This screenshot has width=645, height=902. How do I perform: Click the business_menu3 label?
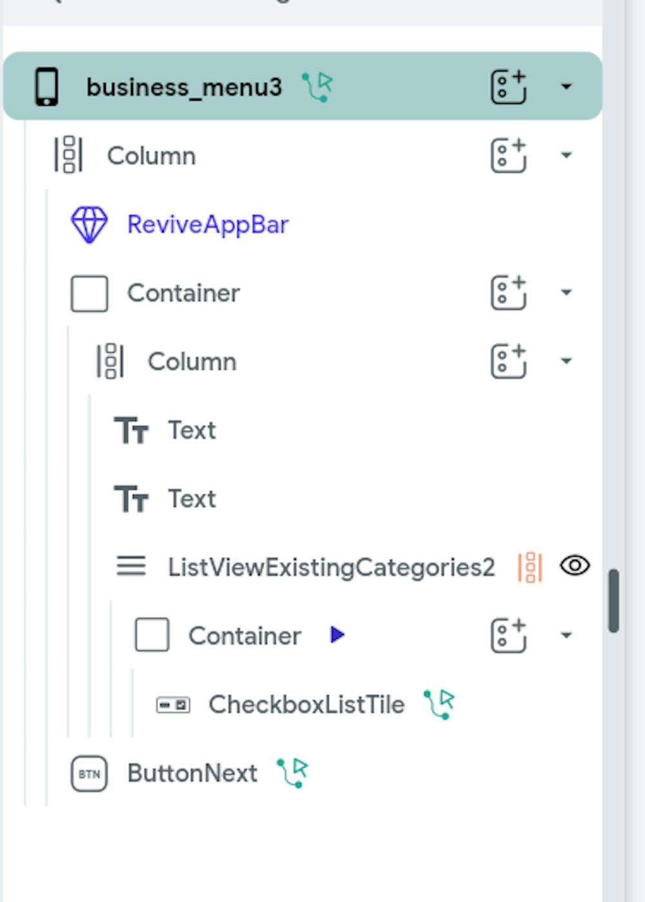pyautogui.click(x=184, y=86)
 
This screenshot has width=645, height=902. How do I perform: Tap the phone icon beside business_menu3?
pyautogui.click(x=46, y=86)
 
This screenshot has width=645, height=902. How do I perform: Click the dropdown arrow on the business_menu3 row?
pyautogui.click(x=566, y=86)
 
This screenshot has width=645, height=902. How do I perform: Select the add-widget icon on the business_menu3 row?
pyautogui.click(x=509, y=86)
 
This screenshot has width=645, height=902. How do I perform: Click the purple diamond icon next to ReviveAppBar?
pyautogui.click(x=89, y=224)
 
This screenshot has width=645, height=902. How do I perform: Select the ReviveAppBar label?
pyautogui.click(x=208, y=224)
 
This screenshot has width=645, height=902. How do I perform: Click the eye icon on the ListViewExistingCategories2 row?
pyautogui.click(x=575, y=565)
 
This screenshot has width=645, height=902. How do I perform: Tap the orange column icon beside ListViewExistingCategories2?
pyautogui.click(x=530, y=567)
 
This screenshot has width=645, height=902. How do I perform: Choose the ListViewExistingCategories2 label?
pyautogui.click(x=332, y=567)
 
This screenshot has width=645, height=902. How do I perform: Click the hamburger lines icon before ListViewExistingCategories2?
pyautogui.click(x=131, y=566)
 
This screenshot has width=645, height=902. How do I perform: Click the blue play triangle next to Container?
pyautogui.click(x=337, y=635)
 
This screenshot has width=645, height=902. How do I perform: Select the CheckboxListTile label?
pyautogui.click(x=306, y=704)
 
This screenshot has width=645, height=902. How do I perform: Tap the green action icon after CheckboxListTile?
pyautogui.click(x=439, y=704)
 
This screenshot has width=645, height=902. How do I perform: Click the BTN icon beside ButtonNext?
pyautogui.click(x=89, y=773)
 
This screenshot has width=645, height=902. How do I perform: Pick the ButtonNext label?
pyautogui.click(x=192, y=773)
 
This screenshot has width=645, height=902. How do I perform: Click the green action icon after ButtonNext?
pyautogui.click(x=293, y=772)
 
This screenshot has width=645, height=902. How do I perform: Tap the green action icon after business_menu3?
pyautogui.click(x=317, y=86)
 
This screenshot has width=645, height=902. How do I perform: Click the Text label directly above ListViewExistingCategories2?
pyautogui.click(x=192, y=498)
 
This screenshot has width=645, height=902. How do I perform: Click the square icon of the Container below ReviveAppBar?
pyautogui.click(x=89, y=293)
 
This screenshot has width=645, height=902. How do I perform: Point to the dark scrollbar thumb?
pyautogui.click(x=613, y=600)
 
